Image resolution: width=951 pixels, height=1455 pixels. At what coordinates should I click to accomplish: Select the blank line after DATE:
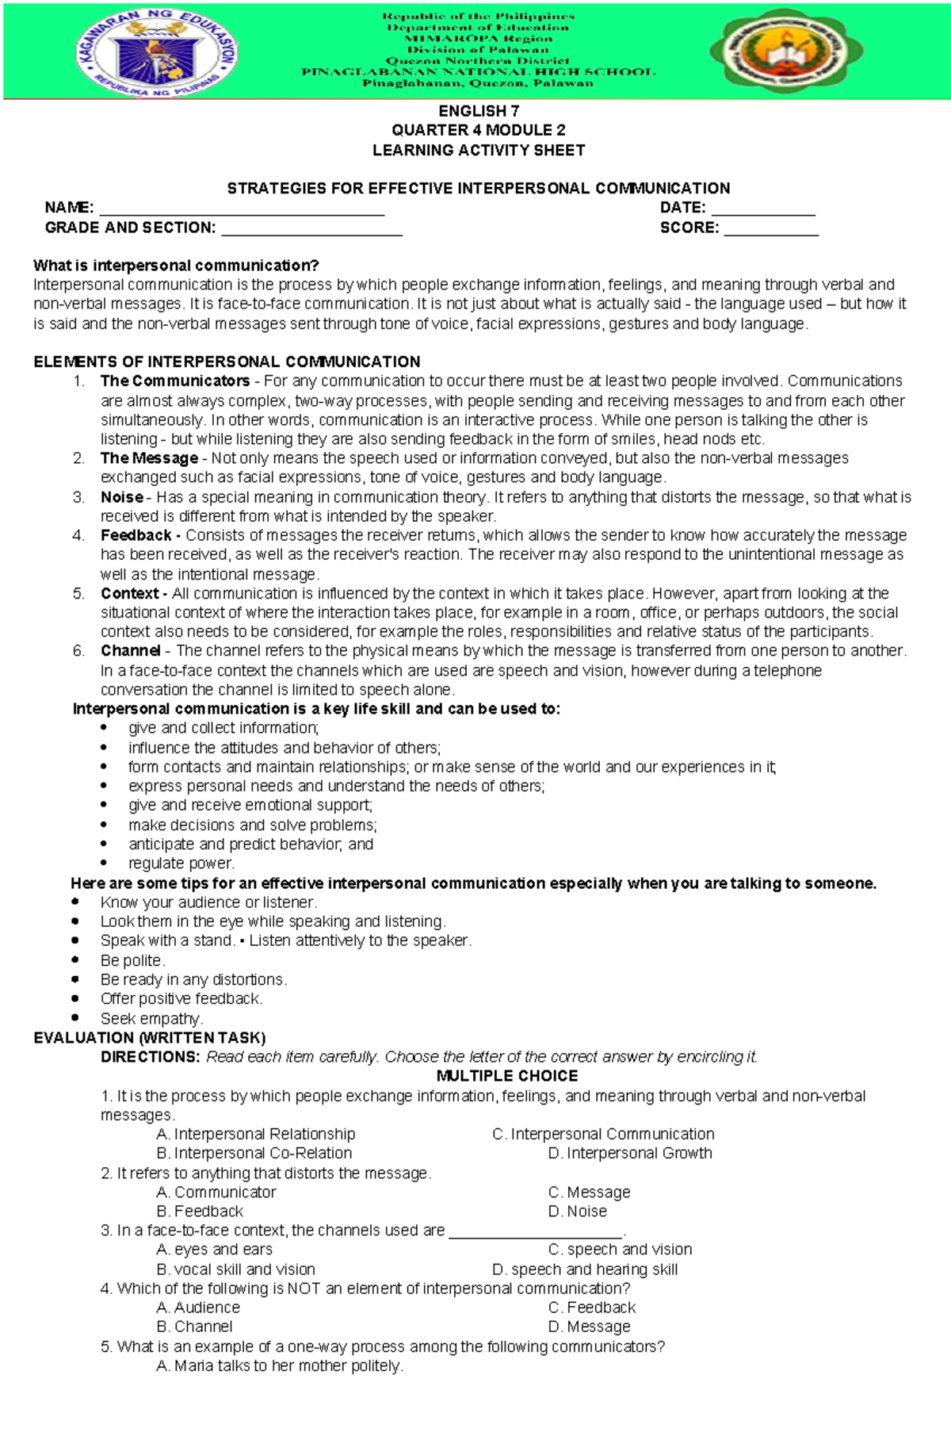(x=762, y=209)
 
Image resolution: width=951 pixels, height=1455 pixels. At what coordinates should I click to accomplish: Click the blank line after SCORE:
(x=770, y=229)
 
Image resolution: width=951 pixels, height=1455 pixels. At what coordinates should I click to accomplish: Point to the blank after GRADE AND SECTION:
(x=311, y=229)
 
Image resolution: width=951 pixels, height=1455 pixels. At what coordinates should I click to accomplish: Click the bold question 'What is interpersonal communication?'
(x=176, y=266)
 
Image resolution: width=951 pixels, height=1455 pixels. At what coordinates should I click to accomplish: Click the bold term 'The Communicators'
(x=174, y=381)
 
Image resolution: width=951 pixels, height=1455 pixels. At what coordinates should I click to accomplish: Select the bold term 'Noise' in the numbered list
(x=122, y=497)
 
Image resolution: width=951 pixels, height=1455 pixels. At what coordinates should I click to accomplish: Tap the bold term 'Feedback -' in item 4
(x=140, y=535)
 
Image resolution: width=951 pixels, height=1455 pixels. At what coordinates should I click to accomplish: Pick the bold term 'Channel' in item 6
(x=130, y=651)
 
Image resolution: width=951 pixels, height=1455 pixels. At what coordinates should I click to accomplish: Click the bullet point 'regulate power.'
(x=181, y=863)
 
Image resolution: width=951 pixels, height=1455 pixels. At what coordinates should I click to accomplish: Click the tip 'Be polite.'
(x=132, y=960)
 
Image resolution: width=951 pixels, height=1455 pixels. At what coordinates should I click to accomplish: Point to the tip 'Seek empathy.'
(x=151, y=1018)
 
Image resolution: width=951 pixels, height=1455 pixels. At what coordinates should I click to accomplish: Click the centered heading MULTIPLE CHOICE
(x=507, y=1076)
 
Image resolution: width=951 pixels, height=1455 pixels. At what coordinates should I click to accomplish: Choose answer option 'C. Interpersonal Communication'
(x=603, y=1135)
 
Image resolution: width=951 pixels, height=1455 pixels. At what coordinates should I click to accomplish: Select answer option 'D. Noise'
(x=577, y=1212)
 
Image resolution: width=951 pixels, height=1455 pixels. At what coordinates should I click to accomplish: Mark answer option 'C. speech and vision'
(x=620, y=1250)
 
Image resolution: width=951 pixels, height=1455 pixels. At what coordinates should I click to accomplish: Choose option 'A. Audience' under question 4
(x=198, y=1308)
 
